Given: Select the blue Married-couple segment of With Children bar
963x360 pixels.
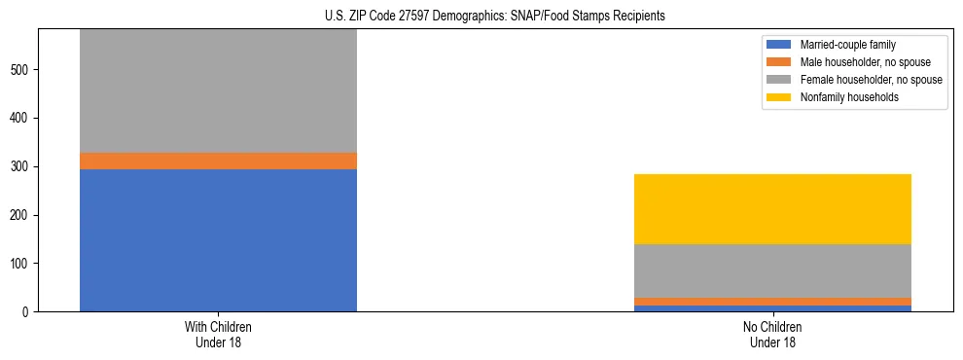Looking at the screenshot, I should click(x=218, y=239).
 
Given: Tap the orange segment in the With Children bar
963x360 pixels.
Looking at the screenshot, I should click(x=218, y=161).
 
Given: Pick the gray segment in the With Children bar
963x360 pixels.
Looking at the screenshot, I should click(x=218, y=90).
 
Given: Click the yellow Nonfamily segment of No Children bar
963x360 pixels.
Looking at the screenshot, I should click(x=772, y=208).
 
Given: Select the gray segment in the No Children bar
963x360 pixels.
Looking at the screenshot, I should click(x=772, y=270).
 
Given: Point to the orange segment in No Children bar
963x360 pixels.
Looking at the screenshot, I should click(x=772, y=302).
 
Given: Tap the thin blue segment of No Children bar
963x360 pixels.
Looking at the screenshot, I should click(x=772, y=308).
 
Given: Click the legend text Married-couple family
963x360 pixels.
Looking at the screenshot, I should click(x=841, y=45).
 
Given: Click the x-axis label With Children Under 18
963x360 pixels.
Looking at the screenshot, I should click(x=218, y=334).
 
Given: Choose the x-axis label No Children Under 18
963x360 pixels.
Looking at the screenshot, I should click(x=772, y=334).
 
